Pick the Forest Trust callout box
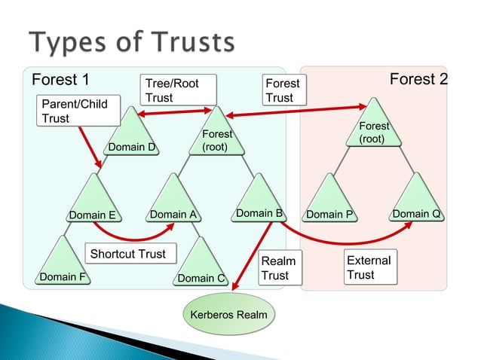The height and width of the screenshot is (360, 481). pyautogui.click(x=283, y=90)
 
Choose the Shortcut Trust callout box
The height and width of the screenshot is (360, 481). pyautogui.click(x=128, y=254)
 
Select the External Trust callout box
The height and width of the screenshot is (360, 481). pyautogui.click(x=369, y=267)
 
